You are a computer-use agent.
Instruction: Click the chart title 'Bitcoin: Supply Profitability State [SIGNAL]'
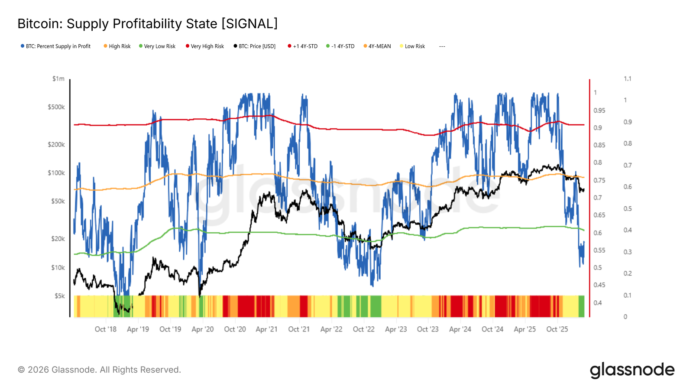pyautogui.click(x=147, y=23)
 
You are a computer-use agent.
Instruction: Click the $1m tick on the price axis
pyautogui.click(x=58, y=79)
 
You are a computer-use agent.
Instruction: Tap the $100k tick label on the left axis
pyautogui.click(x=56, y=173)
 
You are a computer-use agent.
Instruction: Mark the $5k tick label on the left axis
pyautogui.click(x=59, y=296)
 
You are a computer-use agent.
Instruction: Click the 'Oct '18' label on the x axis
pyautogui.click(x=106, y=329)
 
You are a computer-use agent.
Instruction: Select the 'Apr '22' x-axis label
pyautogui.click(x=331, y=329)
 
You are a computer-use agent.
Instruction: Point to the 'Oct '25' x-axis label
pyautogui.click(x=557, y=329)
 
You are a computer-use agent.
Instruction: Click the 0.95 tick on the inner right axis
pyautogui.click(x=599, y=110)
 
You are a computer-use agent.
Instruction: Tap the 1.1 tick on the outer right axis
pyautogui.click(x=628, y=79)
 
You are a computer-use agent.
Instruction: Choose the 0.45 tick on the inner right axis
pyautogui.click(x=599, y=285)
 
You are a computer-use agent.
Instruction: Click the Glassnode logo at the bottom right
pyautogui.click(x=632, y=370)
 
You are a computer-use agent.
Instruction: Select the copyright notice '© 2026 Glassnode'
pyautogui.click(x=99, y=370)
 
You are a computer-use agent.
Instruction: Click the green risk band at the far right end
pyautogui.click(x=581, y=306)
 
